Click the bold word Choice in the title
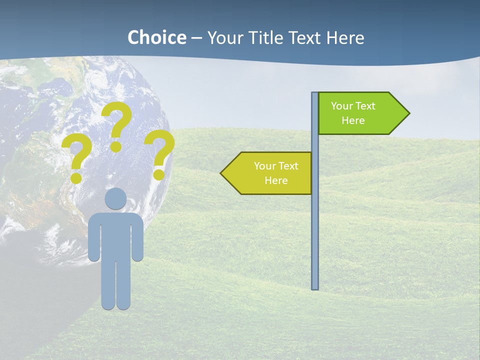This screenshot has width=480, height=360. coord(156,37)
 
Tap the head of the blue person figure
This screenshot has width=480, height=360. coord(115,198)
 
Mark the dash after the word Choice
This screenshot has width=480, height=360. coord(196,38)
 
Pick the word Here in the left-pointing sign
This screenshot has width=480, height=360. coord(276,180)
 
